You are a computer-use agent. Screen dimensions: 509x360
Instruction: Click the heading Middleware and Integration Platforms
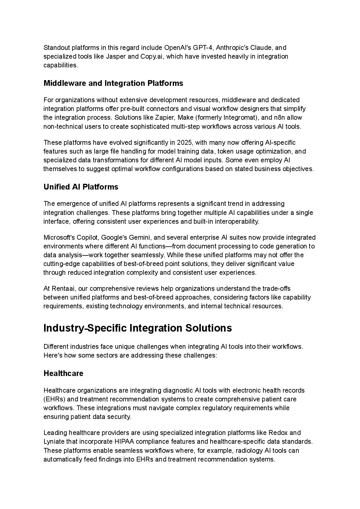coord(113,83)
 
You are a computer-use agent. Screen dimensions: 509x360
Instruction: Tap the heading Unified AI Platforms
coord(81,187)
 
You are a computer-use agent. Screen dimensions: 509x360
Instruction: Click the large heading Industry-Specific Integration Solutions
coord(138,328)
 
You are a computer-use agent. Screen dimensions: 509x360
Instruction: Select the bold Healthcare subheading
coord(63,373)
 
